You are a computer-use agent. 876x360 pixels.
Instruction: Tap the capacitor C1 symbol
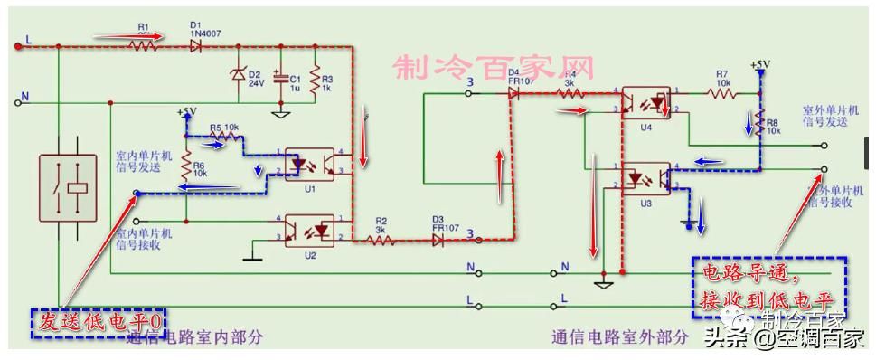tap(282, 81)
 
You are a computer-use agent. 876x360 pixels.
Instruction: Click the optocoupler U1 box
tap(309, 164)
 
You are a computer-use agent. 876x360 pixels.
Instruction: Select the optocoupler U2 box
tap(309, 230)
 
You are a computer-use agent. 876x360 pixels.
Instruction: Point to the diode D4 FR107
tap(514, 91)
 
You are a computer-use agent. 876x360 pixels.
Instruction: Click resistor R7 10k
tap(721, 91)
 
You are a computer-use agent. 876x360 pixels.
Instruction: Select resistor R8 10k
tap(760, 123)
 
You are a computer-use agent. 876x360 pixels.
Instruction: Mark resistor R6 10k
tap(186, 166)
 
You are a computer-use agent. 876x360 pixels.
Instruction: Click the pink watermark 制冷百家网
tap(494, 68)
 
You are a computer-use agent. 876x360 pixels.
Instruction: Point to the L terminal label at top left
tap(28, 42)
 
